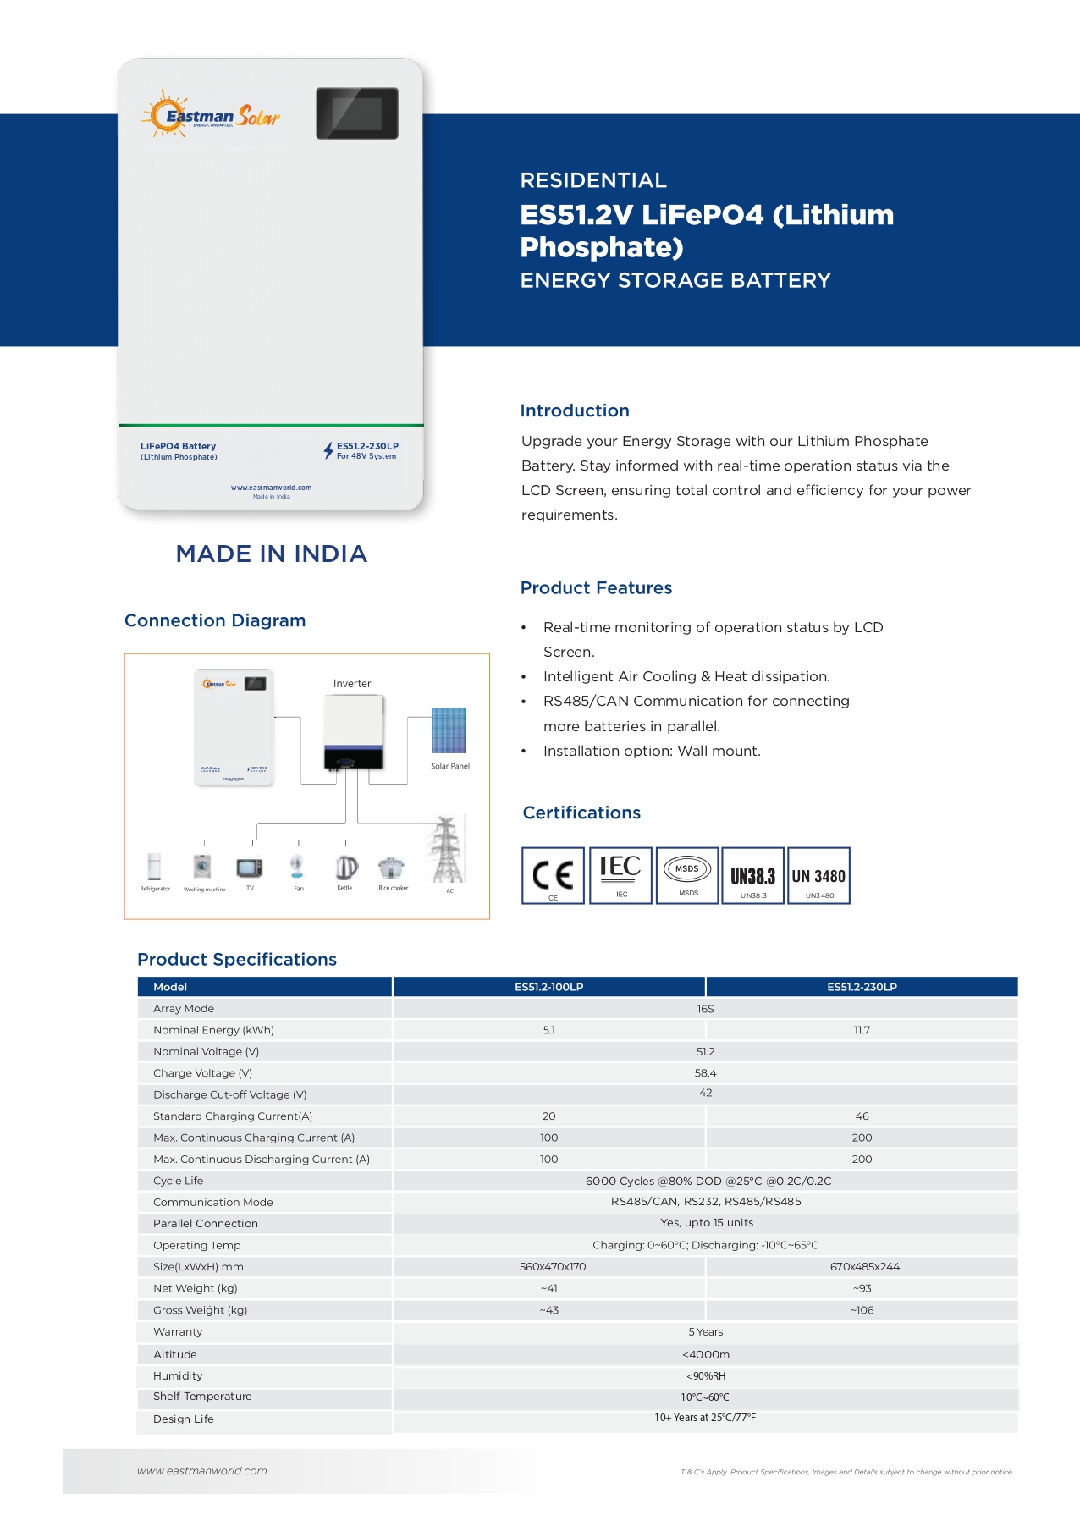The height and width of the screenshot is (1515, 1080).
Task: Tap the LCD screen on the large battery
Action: (357, 113)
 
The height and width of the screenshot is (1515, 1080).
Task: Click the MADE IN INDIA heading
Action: (271, 554)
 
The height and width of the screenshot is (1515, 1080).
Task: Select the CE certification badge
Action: (553, 875)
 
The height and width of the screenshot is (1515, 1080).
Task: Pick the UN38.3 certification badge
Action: (752, 875)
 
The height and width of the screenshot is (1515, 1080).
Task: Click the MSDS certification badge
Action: (687, 875)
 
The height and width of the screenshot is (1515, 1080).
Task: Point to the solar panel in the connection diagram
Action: (449, 730)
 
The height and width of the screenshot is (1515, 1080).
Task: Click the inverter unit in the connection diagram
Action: (354, 732)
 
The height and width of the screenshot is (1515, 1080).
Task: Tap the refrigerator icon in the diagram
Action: (154, 868)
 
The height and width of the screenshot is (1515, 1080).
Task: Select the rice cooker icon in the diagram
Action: (392, 868)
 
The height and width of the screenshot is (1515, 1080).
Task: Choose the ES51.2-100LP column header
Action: (548, 987)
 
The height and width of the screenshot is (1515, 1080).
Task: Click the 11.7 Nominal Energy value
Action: (862, 1030)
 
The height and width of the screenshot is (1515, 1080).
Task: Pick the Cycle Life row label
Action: (179, 1181)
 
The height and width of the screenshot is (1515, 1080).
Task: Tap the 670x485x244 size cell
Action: (864, 1267)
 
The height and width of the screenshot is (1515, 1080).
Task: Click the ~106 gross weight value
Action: (862, 1310)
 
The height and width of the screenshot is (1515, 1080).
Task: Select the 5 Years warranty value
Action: (705, 1332)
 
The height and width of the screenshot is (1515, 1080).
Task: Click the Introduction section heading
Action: (575, 410)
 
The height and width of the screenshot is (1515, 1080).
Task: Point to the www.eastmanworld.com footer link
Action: (202, 1471)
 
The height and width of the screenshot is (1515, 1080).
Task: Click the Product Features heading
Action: (596, 588)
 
